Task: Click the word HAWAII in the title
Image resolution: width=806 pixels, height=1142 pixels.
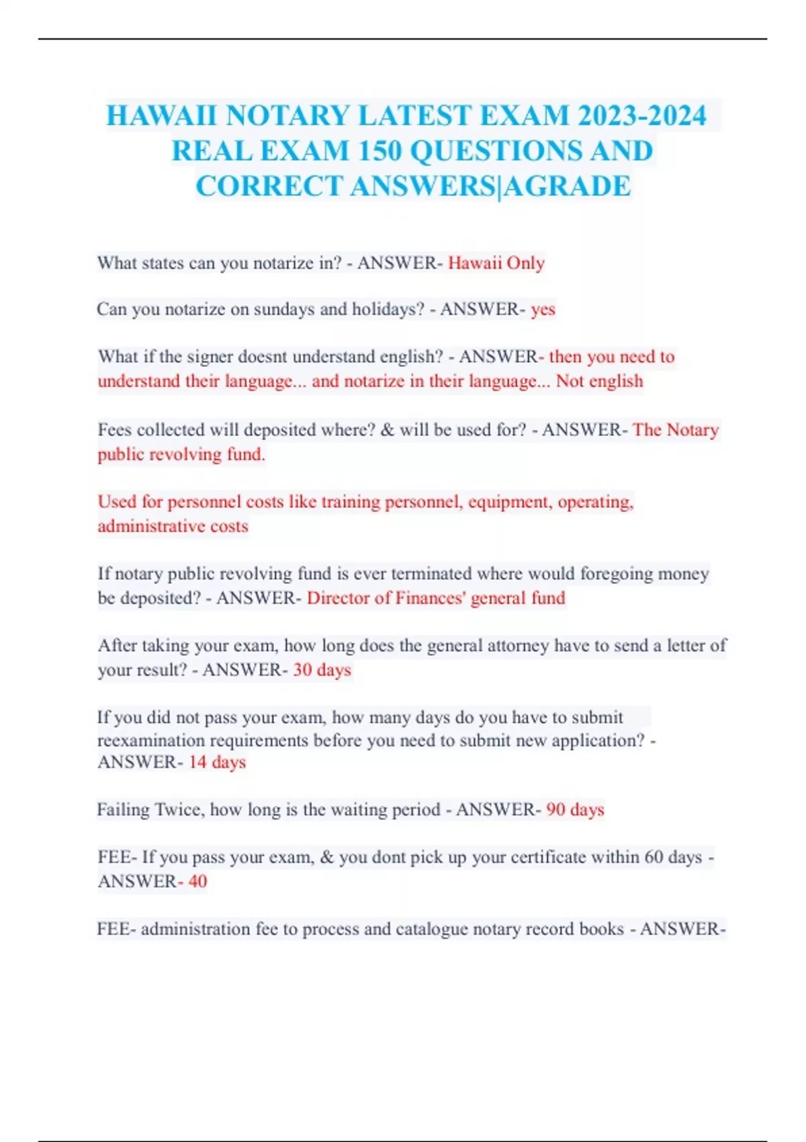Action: click(162, 116)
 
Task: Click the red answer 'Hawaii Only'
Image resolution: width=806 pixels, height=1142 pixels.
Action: click(496, 263)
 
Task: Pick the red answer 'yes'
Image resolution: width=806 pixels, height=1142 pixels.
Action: click(543, 309)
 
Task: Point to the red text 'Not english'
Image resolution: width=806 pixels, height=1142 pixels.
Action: click(599, 381)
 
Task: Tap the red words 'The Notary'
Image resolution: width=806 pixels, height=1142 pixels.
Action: click(676, 429)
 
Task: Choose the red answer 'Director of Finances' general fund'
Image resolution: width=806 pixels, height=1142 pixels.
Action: click(436, 598)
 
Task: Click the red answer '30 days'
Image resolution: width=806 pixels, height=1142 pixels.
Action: click(322, 670)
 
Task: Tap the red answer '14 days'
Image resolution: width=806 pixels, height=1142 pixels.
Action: click(217, 762)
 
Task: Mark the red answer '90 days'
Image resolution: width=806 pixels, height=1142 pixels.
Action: click(575, 809)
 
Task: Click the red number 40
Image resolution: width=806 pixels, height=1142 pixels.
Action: click(197, 881)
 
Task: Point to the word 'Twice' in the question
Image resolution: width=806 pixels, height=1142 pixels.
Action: click(178, 809)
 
